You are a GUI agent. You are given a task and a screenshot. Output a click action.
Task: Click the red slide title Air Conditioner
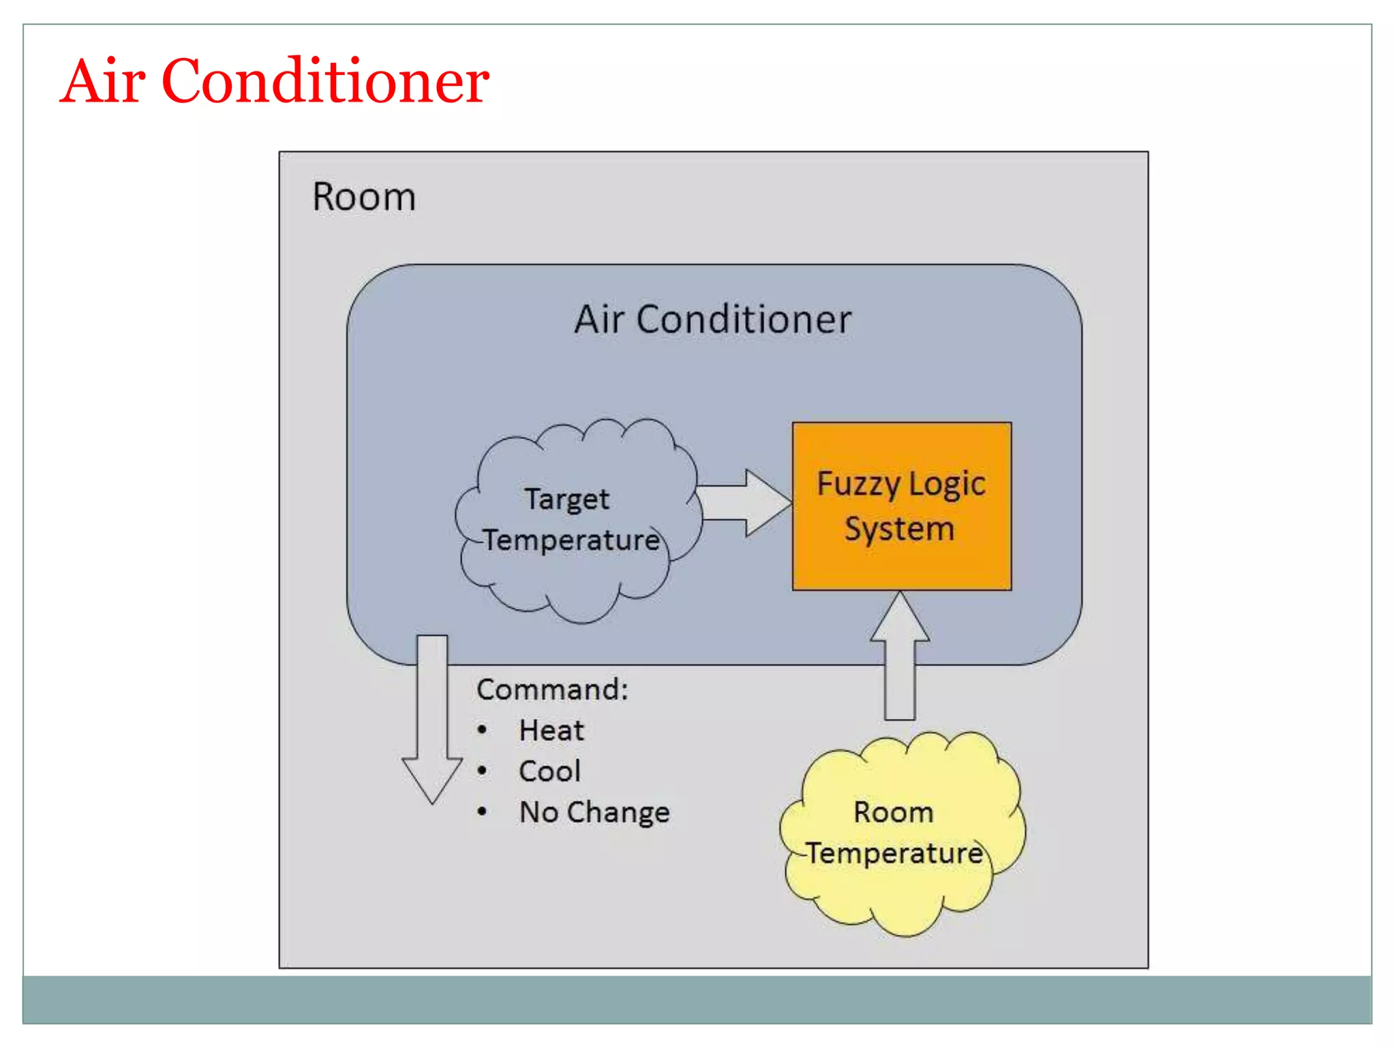[274, 81]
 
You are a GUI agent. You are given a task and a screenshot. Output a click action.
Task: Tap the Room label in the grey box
[364, 197]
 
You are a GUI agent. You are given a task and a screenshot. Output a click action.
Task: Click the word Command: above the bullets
[552, 689]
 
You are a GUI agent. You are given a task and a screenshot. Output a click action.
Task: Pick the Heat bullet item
[551, 731]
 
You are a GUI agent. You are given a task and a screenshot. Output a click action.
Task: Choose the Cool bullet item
[549, 772]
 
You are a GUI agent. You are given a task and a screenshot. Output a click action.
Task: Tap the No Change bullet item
[594, 813]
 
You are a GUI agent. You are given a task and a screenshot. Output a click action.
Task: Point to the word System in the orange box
[899, 530]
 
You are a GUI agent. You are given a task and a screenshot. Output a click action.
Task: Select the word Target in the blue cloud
[566, 500]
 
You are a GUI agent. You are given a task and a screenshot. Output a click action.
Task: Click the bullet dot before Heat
[482, 731]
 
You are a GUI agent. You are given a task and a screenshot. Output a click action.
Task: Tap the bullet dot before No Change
[482, 812]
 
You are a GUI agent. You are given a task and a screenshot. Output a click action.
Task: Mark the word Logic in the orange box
[947, 485]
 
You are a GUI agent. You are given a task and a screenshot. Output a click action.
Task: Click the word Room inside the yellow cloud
[893, 813]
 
